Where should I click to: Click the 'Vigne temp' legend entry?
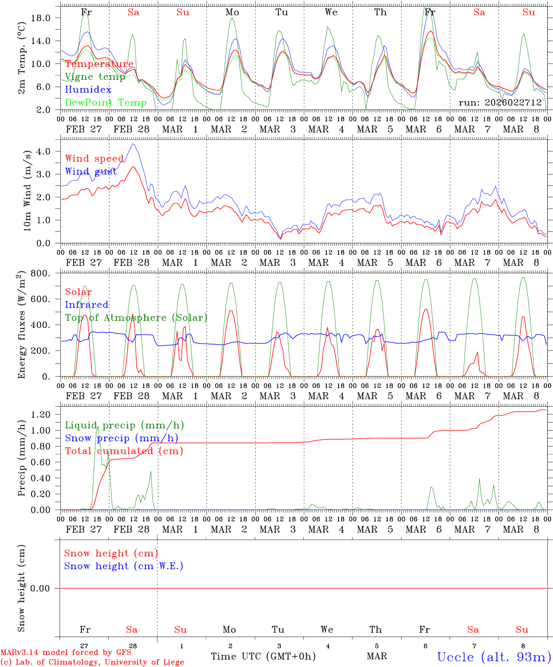click(95, 77)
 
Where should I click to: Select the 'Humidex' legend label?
click(88, 90)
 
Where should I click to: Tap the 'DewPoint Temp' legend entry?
click(106, 103)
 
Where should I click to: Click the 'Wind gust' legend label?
click(91, 171)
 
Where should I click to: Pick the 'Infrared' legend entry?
click(87, 305)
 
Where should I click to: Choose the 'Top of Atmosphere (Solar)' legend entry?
click(136, 318)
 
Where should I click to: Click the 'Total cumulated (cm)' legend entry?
click(124, 451)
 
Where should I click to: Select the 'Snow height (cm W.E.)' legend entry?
click(124, 566)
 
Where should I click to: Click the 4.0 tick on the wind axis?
click(49, 151)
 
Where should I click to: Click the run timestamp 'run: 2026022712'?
click(500, 103)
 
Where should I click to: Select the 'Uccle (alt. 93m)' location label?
click(494, 657)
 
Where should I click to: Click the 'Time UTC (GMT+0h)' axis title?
click(263, 656)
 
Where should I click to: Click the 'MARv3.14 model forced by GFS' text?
click(65, 652)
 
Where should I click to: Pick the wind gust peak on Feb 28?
click(133, 144)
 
